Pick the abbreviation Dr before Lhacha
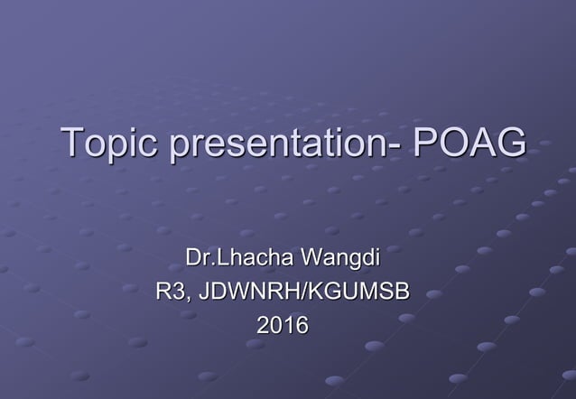(x=196, y=259)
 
